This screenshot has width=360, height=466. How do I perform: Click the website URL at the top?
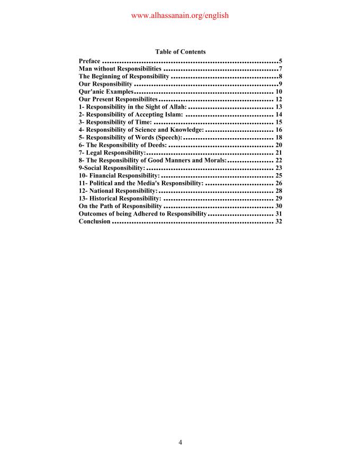coord(179,16)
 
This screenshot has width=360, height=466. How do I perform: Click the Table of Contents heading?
coord(180,52)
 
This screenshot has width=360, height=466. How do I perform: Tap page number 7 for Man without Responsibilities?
coord(280,69)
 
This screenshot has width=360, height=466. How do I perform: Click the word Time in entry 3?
coord(142,122)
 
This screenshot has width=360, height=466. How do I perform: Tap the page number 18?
coord(278,137)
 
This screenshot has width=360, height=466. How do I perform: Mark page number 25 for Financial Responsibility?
coord(278,175)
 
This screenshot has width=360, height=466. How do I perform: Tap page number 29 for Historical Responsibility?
coord(278,198)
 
